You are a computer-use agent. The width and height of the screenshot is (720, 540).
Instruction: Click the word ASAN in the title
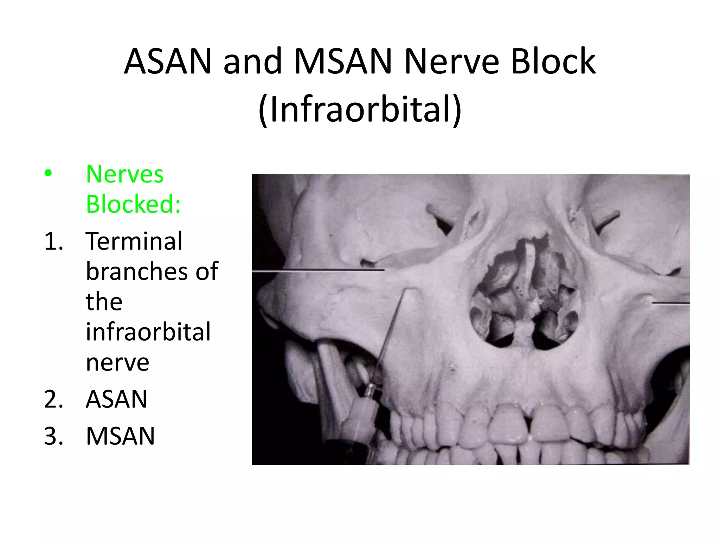[x=168, y=62]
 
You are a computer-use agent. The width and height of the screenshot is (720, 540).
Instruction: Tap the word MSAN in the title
[x=343, y=62]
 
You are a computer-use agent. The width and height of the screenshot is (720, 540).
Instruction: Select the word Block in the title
[x=553, y=62]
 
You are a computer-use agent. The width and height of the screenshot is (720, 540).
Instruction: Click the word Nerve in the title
[x=451, y=62]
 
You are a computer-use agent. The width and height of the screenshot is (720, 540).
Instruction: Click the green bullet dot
[x=48, y=173]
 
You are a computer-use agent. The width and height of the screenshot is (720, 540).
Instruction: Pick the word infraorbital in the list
[x=148, y=332]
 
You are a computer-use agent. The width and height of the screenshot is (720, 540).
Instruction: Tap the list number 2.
[x=53, y=399]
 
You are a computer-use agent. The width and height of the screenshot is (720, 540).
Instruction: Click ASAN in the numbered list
[x=116, y=399]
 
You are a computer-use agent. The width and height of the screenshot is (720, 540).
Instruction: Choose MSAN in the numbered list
[x=120, y=436]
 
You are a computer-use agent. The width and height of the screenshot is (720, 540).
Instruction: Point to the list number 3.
[x=53, y=436]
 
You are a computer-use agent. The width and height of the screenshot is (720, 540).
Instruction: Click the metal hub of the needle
[x=371, y=391]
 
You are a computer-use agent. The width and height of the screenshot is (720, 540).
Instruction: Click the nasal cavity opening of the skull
[x=524, y=299]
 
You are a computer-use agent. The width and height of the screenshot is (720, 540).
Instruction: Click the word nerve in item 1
[x=117, y=362]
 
